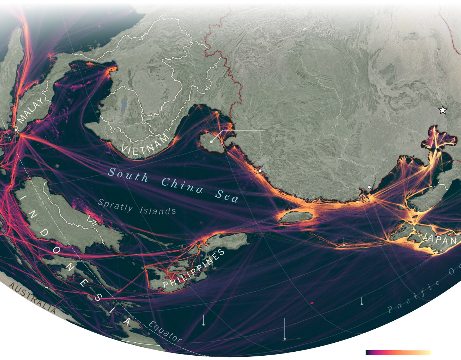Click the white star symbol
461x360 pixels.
pos(443,110)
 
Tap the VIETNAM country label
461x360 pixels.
pos(146,144)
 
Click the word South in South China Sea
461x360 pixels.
pos(128,175)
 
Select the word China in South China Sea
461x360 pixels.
pos(182,185)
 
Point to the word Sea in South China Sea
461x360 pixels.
pos(227,196)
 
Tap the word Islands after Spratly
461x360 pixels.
pos(158,210)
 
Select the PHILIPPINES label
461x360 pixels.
pos(194,268)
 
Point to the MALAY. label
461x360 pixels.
pos(32,109)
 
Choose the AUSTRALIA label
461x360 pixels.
pos(32,298)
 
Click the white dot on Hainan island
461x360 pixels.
pos(211,142)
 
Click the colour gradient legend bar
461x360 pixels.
pos(398,353)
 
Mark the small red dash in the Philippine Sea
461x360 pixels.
pos(312,303)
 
